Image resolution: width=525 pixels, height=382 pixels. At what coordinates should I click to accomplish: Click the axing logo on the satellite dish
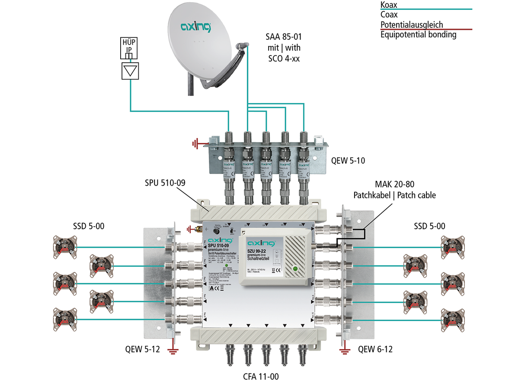coord(196,27)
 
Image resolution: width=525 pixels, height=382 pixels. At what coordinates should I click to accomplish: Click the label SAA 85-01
coord(284,38)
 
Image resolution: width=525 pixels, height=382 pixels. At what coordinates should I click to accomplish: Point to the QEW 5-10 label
coord(348,161)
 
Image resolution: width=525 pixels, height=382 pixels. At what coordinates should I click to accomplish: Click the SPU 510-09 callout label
coord(165,183)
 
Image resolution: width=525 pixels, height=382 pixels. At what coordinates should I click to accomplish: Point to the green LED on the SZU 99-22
coord(295,269)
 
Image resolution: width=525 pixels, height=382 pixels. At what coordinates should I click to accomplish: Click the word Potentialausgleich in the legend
coord(412,25)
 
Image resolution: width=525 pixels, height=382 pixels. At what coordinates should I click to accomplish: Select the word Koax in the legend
coord(389,5)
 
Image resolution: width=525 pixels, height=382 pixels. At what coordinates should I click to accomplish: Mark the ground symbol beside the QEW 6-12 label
coord(344,350)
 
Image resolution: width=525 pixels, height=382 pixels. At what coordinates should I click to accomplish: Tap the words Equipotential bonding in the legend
coord(418,35)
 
